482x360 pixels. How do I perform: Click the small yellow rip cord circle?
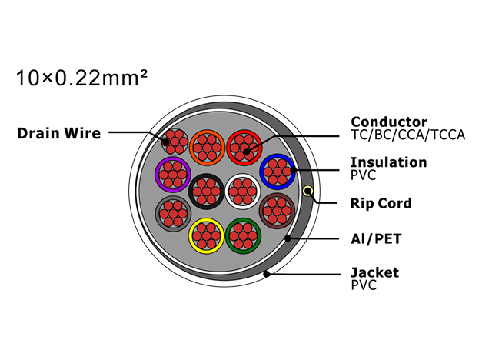[307, 191]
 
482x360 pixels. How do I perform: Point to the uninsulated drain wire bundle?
[175, 142]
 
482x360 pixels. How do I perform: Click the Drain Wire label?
[58, 133]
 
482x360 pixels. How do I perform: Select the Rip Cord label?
[381, 203]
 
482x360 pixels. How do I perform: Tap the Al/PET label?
[376, 238]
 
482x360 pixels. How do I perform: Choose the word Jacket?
[374, 272]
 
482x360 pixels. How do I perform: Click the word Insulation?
[388, 162]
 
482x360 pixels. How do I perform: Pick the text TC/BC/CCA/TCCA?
[408, 135]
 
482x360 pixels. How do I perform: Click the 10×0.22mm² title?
[81, 78]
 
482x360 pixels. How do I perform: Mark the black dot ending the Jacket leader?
[267, 274]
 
